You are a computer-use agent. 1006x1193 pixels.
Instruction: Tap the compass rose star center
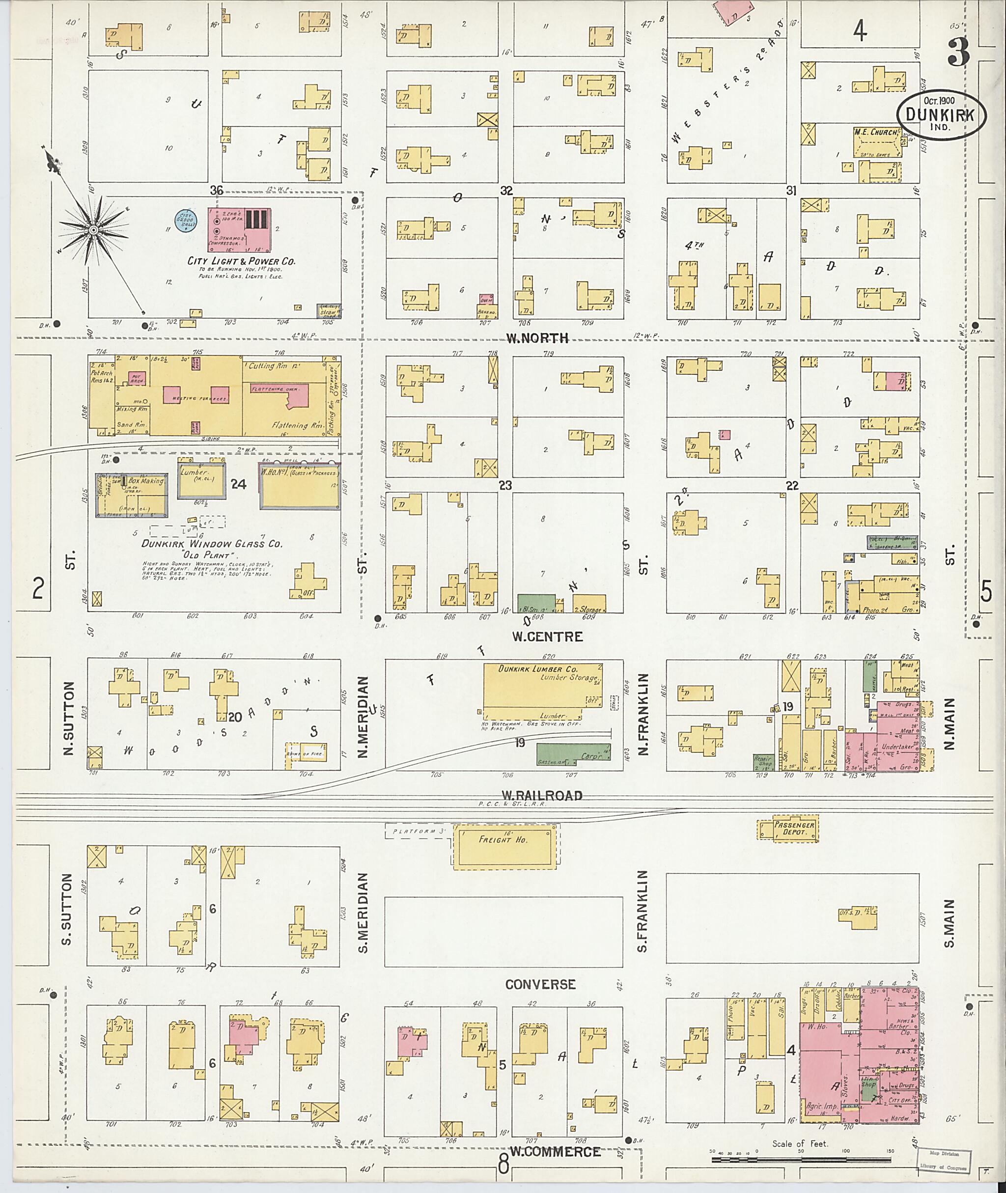click(93, 229)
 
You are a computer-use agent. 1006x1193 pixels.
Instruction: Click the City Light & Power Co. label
click(241, 261)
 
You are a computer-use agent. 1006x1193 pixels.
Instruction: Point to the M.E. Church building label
click(875, 132)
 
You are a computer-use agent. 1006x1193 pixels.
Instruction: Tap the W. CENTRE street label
click(547, 637)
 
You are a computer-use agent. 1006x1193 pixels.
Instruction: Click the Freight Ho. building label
click(503, 840)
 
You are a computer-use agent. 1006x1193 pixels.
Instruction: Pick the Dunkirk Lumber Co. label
click(538, 669)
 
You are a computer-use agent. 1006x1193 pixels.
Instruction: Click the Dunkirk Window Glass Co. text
click(212, 544)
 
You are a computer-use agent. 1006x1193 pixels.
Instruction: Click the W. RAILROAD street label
click(541, 796)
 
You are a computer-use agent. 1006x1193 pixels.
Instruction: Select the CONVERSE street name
click(540, 985)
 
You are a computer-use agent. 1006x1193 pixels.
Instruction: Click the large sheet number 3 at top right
click(959, 53)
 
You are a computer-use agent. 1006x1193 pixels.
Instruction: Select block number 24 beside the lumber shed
click(238, 484)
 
